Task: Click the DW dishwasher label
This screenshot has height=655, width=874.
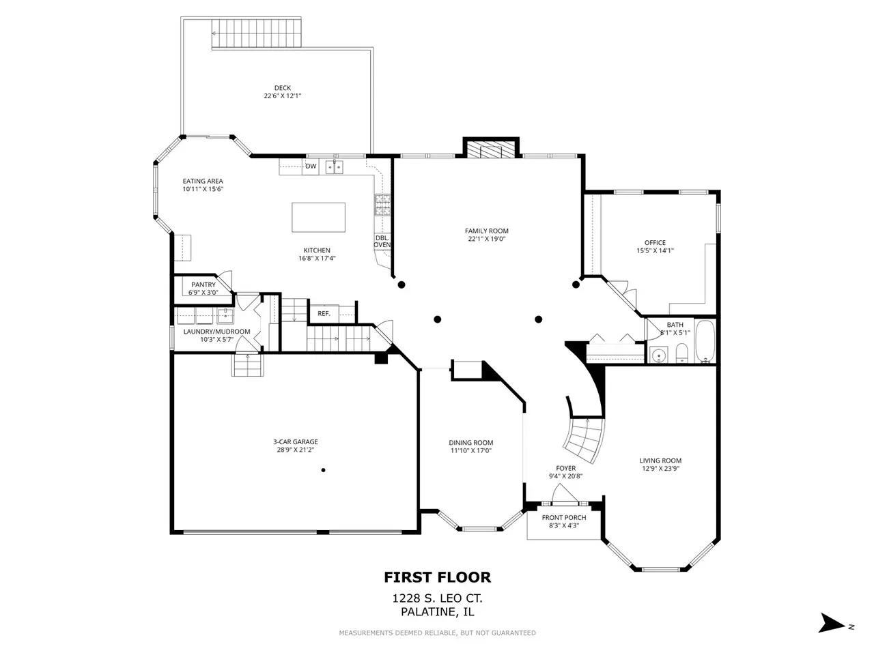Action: pyautogui.click(x=311, y=166)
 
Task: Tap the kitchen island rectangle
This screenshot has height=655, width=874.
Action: pyautogui.click(x=318, y=217)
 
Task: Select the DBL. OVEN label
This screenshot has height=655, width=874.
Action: pyautogui.click(x=382, y=242)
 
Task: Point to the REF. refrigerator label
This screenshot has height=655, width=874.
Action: pyautogui.click(x=324, y=314)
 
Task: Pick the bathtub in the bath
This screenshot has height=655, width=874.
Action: pyautogui.click(x=705, y=341)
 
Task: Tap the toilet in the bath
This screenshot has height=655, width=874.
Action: pyautogui.click(x=681, y=353)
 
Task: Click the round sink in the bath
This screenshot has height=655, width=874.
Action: pyautogui.click(x=659, y=354)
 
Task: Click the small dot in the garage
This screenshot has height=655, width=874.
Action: pyautogui.click(x=324, y=470)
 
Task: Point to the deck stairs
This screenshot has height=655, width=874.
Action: pyautogui.click(x=257, y=33)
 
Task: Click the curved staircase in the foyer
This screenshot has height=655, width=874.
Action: pyautogui.click(x=584, y=439)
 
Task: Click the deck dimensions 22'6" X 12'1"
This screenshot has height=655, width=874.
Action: pyautogui.click(x=282, y=96)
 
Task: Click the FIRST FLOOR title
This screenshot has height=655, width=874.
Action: pyautogui.click(x=437, y=577)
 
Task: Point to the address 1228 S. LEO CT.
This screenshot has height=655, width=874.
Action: pyautogui.click(x=437, y=598)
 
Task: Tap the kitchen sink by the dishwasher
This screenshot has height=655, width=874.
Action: pyautogui.click(x=335, y=167)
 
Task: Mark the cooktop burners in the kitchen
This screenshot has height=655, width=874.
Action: pyautogui.click(x=382, y=205)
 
